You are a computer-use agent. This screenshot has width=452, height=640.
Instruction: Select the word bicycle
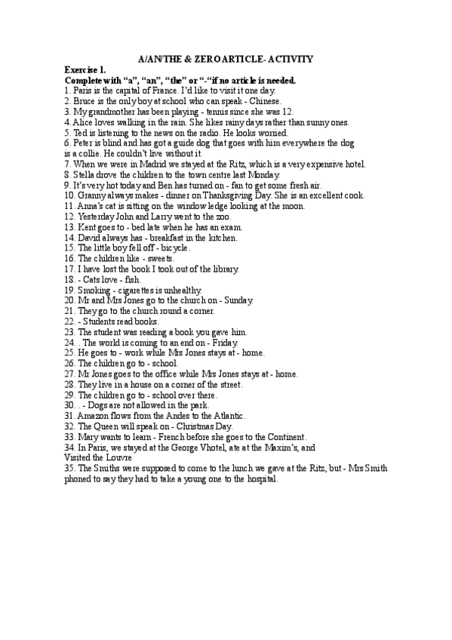pos(174,248)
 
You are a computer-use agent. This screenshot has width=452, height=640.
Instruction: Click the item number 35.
pos(69,468)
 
